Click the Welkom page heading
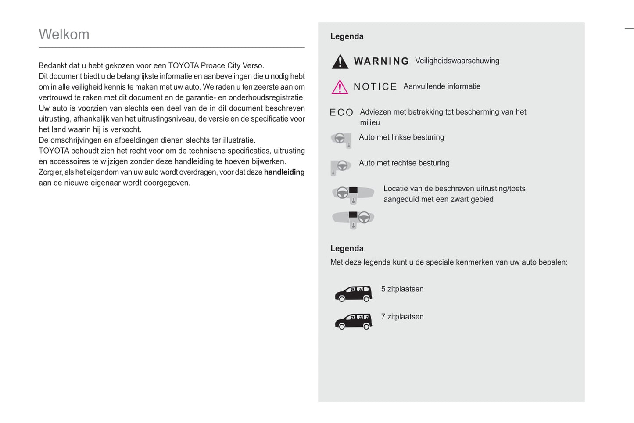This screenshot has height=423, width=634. [64, 34]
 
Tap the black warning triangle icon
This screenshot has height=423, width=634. [340, 62]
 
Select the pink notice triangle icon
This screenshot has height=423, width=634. [340, 87]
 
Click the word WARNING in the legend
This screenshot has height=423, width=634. [381, 61]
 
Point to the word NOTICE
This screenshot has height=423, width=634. [375, 87]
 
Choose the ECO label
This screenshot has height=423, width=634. [341, 113]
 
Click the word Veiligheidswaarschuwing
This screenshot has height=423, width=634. [457, 61]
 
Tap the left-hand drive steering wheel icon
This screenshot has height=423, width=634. [341, 140]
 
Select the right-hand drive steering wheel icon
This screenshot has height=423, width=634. [341, 166]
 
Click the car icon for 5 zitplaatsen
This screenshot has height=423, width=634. [354, 293]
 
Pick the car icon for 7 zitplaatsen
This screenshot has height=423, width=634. [354, 321]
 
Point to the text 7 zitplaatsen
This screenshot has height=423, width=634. [402, 317]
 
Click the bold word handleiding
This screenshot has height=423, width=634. [284, 172]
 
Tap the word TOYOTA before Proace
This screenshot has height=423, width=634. [183, 66]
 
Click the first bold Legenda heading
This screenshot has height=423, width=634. [347, 36]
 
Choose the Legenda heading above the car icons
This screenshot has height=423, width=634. [347, 248]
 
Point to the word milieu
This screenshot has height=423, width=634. [370, 123]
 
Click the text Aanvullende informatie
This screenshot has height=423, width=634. [442, 86]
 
